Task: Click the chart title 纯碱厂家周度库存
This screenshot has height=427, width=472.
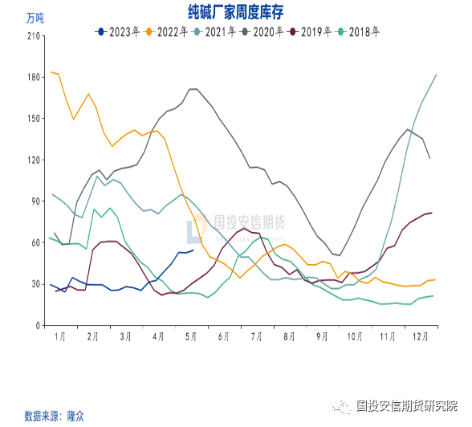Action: (x=235, y=12)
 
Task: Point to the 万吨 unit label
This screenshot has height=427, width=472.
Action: (x=36, y=18)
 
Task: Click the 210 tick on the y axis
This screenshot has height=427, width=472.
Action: (x=34, y=36)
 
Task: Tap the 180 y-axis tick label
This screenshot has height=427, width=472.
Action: (x=34, y=77)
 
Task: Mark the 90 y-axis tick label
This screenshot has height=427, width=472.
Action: (x=36, y=201)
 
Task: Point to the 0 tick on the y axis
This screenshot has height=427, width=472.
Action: (x=39, y=326)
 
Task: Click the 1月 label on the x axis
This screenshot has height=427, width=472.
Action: (x=59, y=337)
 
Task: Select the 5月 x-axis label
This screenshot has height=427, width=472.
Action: (x=191, y=337)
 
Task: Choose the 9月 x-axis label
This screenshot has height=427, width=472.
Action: (x=323, y=337)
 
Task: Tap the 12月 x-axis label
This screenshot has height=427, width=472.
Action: (x=420, y=337)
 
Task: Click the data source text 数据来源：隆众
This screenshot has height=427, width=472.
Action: (x=55, y=416)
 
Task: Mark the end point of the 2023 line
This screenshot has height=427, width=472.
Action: (x=193, y=250)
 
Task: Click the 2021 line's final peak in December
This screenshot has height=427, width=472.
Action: (x=436, y=75)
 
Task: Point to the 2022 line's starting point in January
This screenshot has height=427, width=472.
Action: (x=51, y=72)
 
